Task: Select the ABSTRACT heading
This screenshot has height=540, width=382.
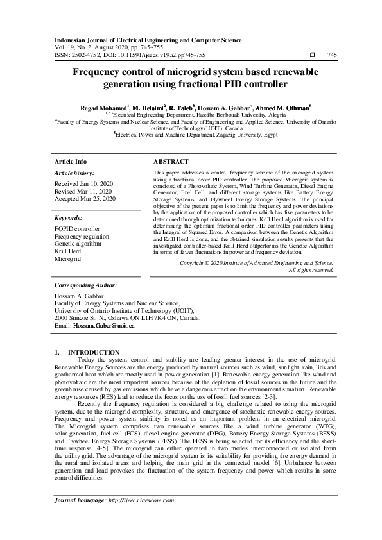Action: coord(171,162)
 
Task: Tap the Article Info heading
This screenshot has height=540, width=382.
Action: coord(71,162)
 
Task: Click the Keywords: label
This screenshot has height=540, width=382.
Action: coord(69,218)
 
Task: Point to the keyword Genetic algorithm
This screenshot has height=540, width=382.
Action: coord(78,244)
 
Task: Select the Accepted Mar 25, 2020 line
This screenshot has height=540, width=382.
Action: coord(85,199)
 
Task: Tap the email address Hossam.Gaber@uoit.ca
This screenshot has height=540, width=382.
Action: coord(103,326)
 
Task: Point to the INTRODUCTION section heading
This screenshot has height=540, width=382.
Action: coord(94,352)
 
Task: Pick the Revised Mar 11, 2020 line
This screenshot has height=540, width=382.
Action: coord(83,192)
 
